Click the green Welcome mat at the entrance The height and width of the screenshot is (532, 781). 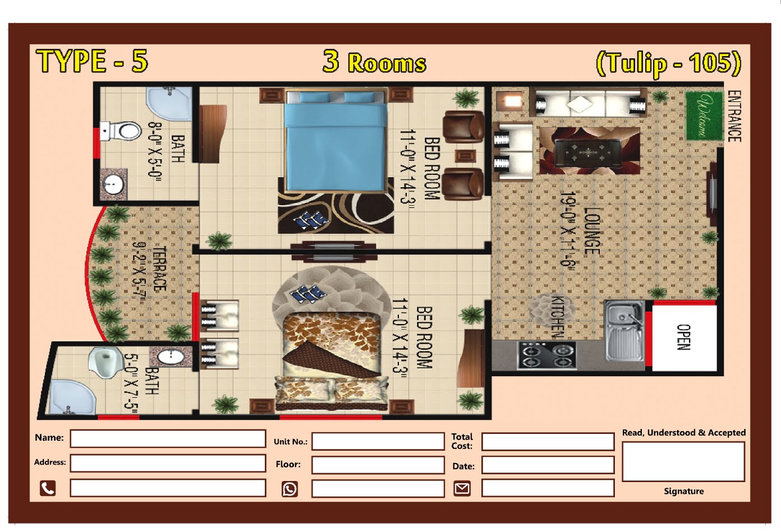pos(704,115)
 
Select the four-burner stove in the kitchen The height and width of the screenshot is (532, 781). pos(546,355)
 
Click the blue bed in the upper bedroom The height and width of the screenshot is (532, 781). pos(336,140)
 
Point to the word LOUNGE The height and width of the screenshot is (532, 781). pos(591,231)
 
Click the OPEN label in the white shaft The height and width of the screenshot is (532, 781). pos(684,337)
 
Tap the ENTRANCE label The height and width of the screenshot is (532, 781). pos(734,116)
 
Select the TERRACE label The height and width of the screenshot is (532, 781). pos(160,269)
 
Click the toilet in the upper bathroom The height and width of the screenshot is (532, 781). pos(120,131)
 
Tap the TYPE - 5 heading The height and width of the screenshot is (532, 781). pos(92,61)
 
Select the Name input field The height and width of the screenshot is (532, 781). pos(168,438)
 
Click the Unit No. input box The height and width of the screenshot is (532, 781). pos(378,441)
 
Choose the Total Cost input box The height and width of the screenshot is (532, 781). pos(548,441)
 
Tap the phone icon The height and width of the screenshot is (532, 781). pos(48,488)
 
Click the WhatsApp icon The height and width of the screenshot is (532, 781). pos(290,489)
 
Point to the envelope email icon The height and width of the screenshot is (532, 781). pos(462,488)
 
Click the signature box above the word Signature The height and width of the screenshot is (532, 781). pos(683,461)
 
